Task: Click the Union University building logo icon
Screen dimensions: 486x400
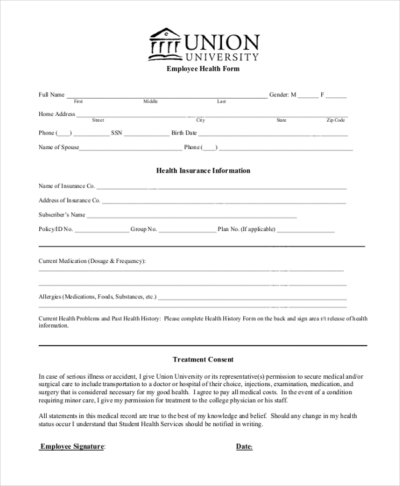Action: [165, 44]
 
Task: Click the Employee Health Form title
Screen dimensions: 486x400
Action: [203, 69]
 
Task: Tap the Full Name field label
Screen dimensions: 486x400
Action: [52, 95]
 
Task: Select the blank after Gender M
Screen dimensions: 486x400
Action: [308, 96]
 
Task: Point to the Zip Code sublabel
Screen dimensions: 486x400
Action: [335, 121]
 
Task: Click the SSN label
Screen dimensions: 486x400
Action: [117, 133]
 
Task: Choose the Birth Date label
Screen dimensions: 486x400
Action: [184, 133]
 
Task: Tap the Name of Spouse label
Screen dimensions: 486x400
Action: [59, 147]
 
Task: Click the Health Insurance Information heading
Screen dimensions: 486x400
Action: [203, 171]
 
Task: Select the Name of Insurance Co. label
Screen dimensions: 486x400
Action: [67, 186]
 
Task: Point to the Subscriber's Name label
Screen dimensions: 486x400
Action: [62, 215]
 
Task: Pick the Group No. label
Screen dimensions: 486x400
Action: [143, 230]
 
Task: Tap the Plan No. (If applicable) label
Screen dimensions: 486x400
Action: [246, 230]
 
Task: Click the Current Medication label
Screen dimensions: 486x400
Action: [92, 261]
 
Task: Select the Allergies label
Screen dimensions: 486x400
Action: [97, 296]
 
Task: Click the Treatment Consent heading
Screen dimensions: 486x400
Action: [203, 360]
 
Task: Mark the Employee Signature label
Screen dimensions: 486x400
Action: [73, 447]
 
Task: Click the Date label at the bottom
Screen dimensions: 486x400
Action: [244, 447]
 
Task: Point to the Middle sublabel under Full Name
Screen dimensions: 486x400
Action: [151, 102]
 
